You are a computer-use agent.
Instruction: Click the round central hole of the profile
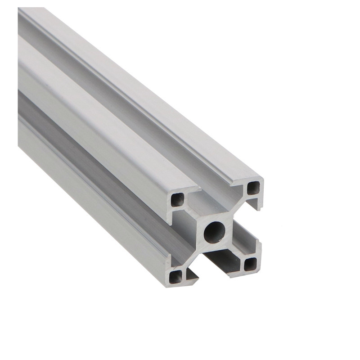[215, 232]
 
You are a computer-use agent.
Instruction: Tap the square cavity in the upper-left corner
[178, 199]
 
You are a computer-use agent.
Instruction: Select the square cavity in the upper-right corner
[254, 187]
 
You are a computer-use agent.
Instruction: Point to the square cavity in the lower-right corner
[250, 264]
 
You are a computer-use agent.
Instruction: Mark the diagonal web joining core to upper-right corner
[238, 208]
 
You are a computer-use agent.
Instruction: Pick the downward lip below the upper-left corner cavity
[170, 216]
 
